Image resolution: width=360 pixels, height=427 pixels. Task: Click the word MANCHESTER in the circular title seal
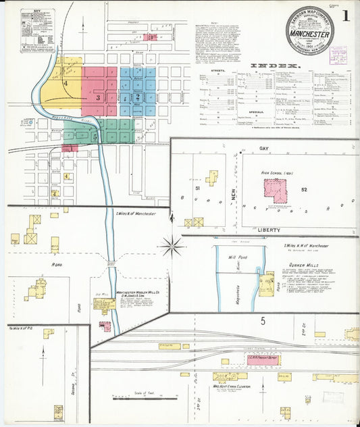309,34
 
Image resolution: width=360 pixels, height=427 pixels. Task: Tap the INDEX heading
275,66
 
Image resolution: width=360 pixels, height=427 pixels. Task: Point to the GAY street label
263,147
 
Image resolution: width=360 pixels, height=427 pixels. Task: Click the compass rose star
172,247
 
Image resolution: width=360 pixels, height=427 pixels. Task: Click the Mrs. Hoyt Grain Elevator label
232,386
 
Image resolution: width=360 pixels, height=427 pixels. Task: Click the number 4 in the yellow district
66,83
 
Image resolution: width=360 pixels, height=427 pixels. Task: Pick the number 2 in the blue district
138,97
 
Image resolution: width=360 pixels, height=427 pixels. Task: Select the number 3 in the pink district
98,98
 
